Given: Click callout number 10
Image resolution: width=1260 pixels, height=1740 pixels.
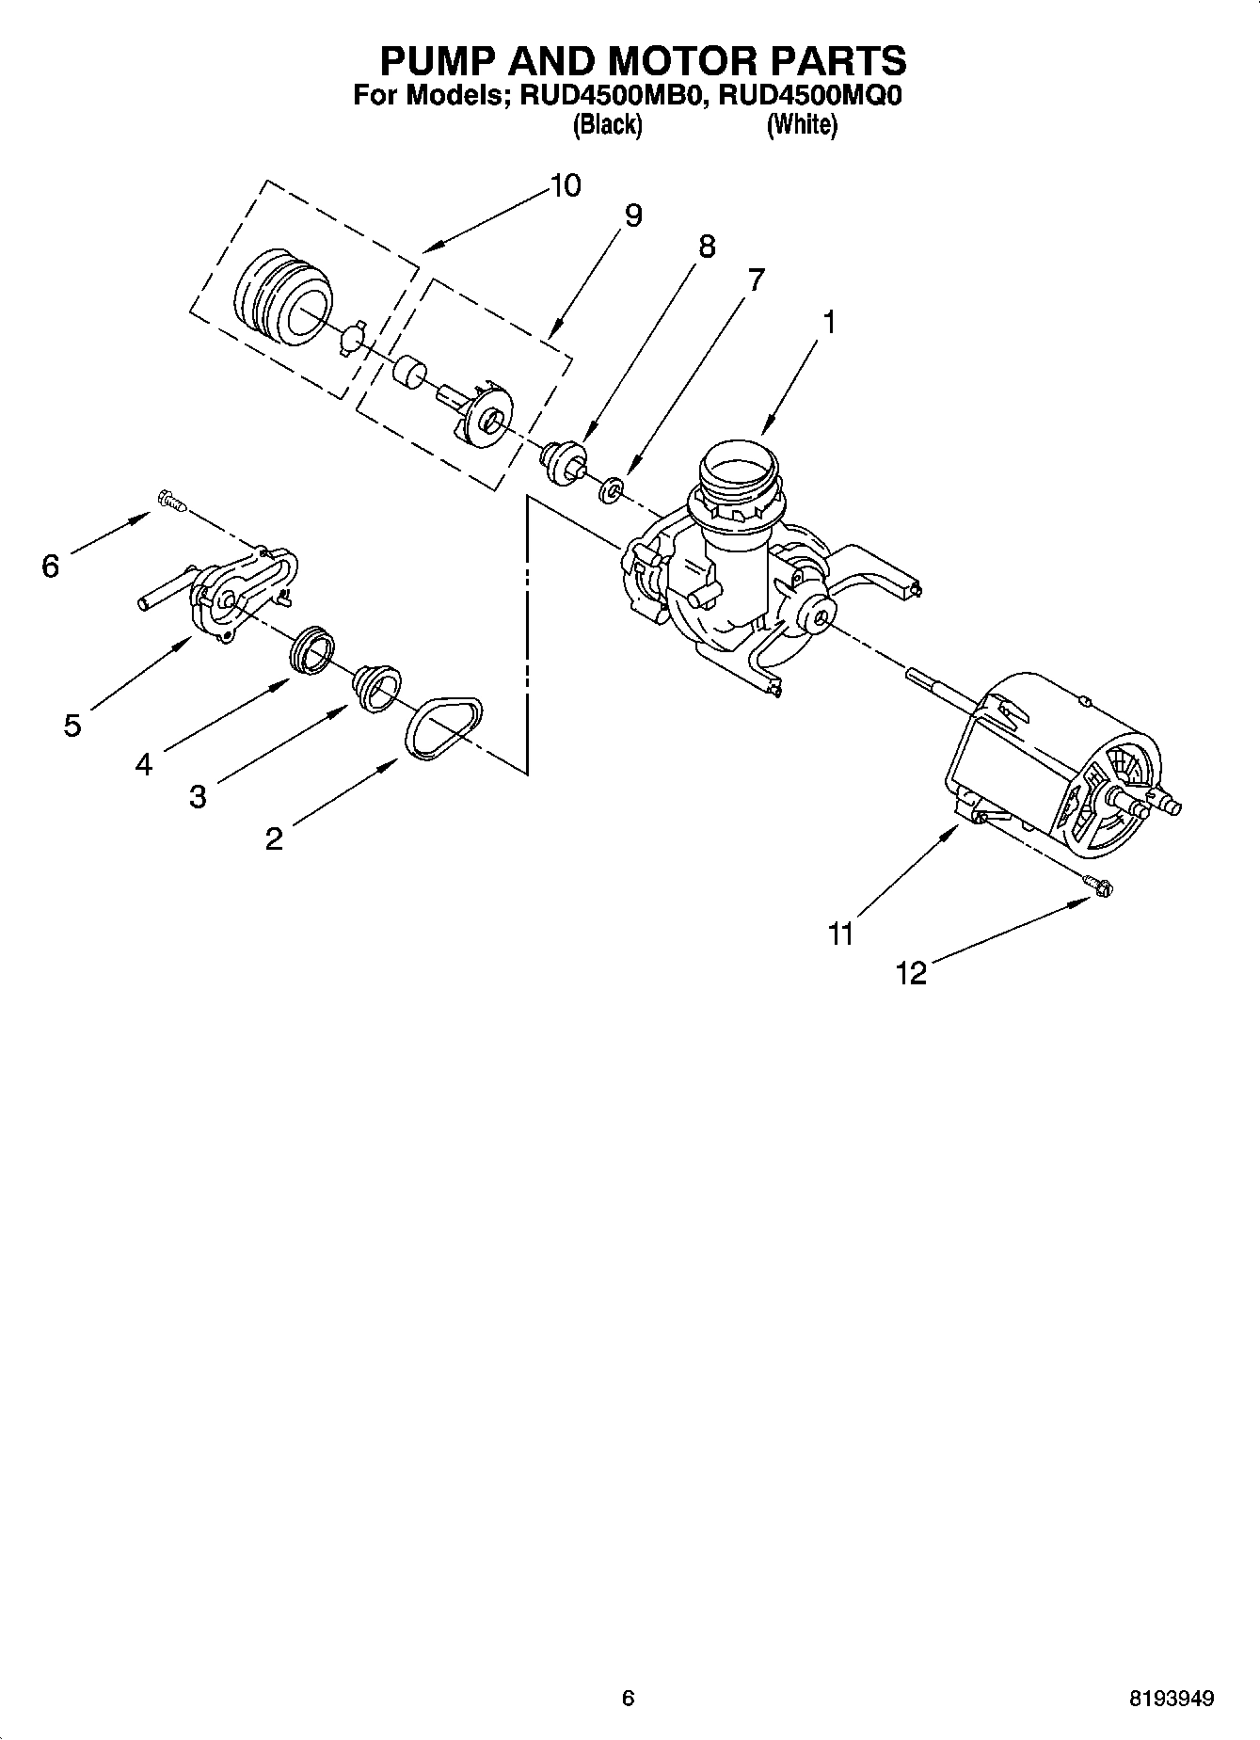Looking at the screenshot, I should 565,185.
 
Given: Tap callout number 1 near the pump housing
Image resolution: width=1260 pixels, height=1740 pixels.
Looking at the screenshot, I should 828,322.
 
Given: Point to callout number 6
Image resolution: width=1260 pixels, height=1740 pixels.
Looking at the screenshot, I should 51,566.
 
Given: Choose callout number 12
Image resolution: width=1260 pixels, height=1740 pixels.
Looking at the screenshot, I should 911,973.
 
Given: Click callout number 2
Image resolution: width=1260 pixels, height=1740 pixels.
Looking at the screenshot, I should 274,838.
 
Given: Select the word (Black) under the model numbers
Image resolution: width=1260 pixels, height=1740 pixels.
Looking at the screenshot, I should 608,124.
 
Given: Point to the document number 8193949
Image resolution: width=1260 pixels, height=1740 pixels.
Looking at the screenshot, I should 1171,1699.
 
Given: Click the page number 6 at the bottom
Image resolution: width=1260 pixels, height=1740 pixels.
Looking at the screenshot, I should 629,1699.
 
